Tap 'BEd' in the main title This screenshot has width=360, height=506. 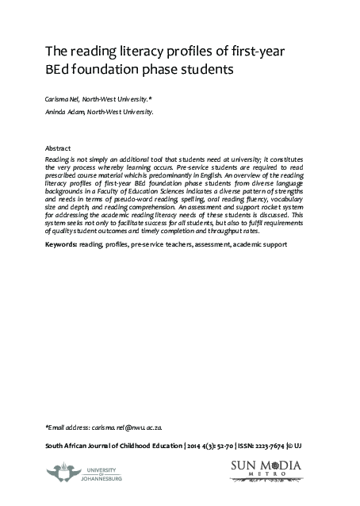tap(60, 69)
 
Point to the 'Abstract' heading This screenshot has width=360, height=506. tap(59, 149)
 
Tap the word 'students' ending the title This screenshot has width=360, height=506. tap(210, 69)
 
